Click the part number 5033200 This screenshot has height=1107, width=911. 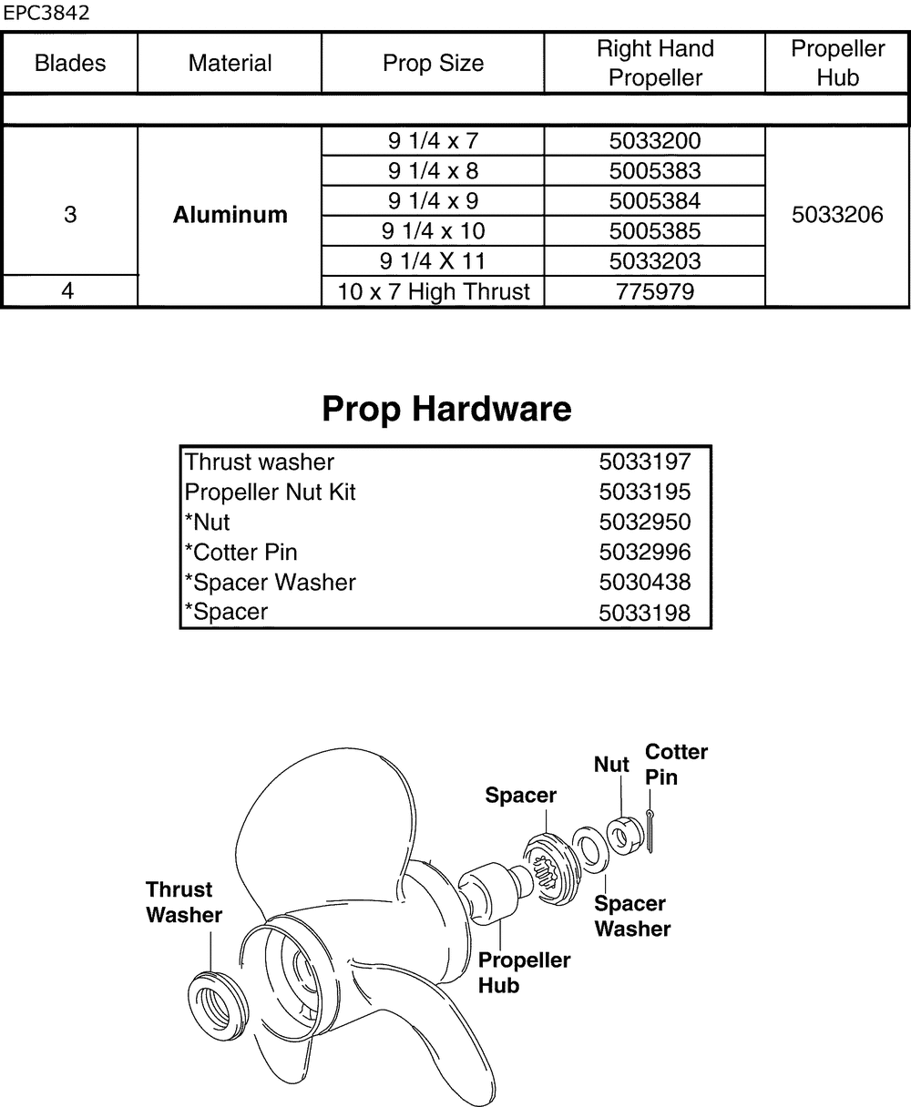654,141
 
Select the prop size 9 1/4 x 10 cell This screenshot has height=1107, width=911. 433,231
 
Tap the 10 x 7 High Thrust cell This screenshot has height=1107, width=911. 433,292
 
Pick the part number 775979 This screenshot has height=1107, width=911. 654,292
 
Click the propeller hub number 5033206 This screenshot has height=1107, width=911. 837,216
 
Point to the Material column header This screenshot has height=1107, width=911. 230,63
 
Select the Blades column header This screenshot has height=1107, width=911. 70,63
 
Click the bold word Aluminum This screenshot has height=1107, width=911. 230,216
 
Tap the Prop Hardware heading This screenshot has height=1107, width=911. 446,410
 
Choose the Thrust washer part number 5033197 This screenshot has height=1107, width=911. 644,462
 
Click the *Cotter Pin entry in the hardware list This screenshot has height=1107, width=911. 241,553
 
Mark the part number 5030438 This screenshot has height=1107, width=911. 644,583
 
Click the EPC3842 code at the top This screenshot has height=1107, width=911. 46,14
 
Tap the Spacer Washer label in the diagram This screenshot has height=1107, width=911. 631,916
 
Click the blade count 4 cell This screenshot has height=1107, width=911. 70,292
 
